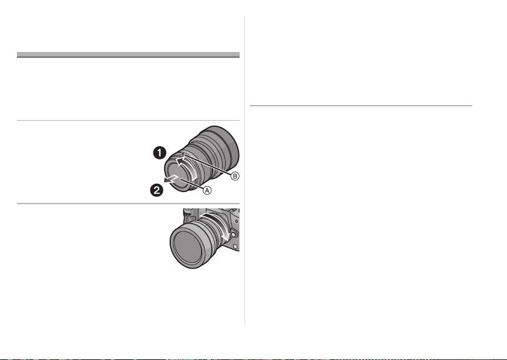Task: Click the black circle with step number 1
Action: (x=160, y=153)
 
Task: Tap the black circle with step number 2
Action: (x=156, y=190)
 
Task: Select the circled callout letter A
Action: (x=207, y=190)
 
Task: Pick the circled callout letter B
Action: (x=235, y=176)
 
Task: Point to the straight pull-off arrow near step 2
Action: (x=171, y=179)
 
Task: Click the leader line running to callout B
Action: (x=208, y=165)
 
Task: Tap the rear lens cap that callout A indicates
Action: (x=179, y=176)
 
